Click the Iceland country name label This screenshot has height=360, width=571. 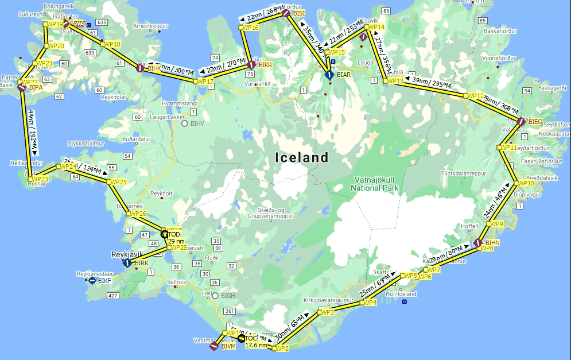coord(301,157)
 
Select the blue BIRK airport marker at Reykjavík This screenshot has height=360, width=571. coord(127,263)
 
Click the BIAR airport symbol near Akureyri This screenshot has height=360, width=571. coord(329,75)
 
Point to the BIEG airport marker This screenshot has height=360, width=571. coord(520,121)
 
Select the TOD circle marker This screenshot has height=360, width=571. coord(164,234)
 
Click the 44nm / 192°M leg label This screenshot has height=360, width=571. coord(32,133)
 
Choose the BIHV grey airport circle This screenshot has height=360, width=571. coord(184,123)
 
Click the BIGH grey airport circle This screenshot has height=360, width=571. coord(215,296)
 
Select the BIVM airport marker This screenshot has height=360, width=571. coord(213,347)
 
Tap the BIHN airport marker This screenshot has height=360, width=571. coord(476,243)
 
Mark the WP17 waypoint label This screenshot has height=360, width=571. coord(205,82)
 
